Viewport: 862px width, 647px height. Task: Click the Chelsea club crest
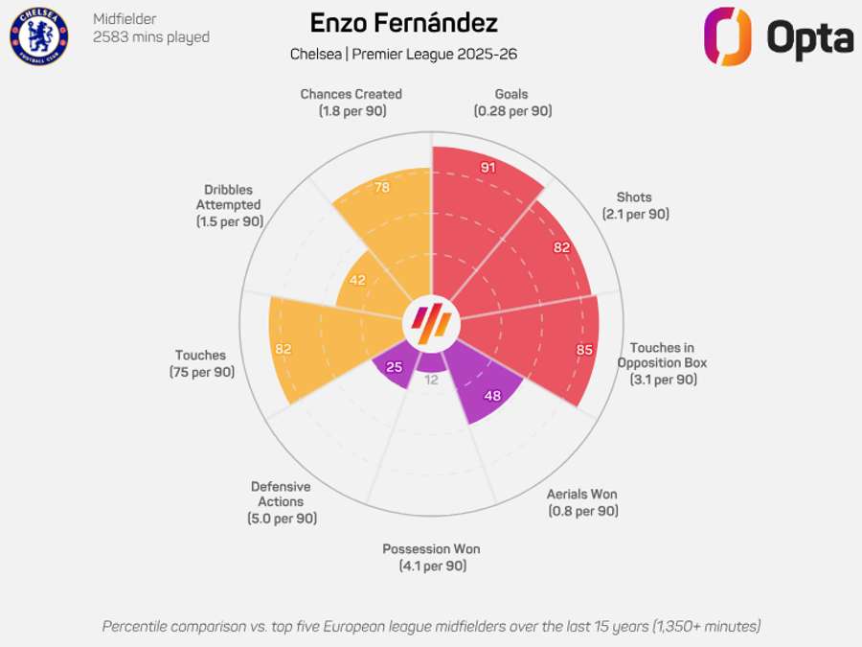coord(38,36)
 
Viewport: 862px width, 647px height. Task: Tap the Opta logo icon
coord(728,36)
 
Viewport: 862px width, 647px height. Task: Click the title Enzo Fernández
coord(403,23)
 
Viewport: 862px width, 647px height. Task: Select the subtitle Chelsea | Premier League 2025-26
coord(403,54)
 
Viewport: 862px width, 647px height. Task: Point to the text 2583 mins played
coord(150,37)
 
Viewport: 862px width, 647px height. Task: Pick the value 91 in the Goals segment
coord(488,168)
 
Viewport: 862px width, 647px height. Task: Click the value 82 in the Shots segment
coord(561,247)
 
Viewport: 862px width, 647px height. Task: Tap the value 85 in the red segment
coord(584,350)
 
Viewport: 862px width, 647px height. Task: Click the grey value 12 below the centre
coord(431,380)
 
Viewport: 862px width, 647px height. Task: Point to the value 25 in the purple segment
coord(394,367)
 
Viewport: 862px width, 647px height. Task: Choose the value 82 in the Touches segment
coord(283,349)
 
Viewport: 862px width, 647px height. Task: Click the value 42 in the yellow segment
coord(358,280)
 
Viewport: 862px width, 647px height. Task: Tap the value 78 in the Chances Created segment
coord(381,188)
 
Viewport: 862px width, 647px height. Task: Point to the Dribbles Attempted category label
coord(229,205)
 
